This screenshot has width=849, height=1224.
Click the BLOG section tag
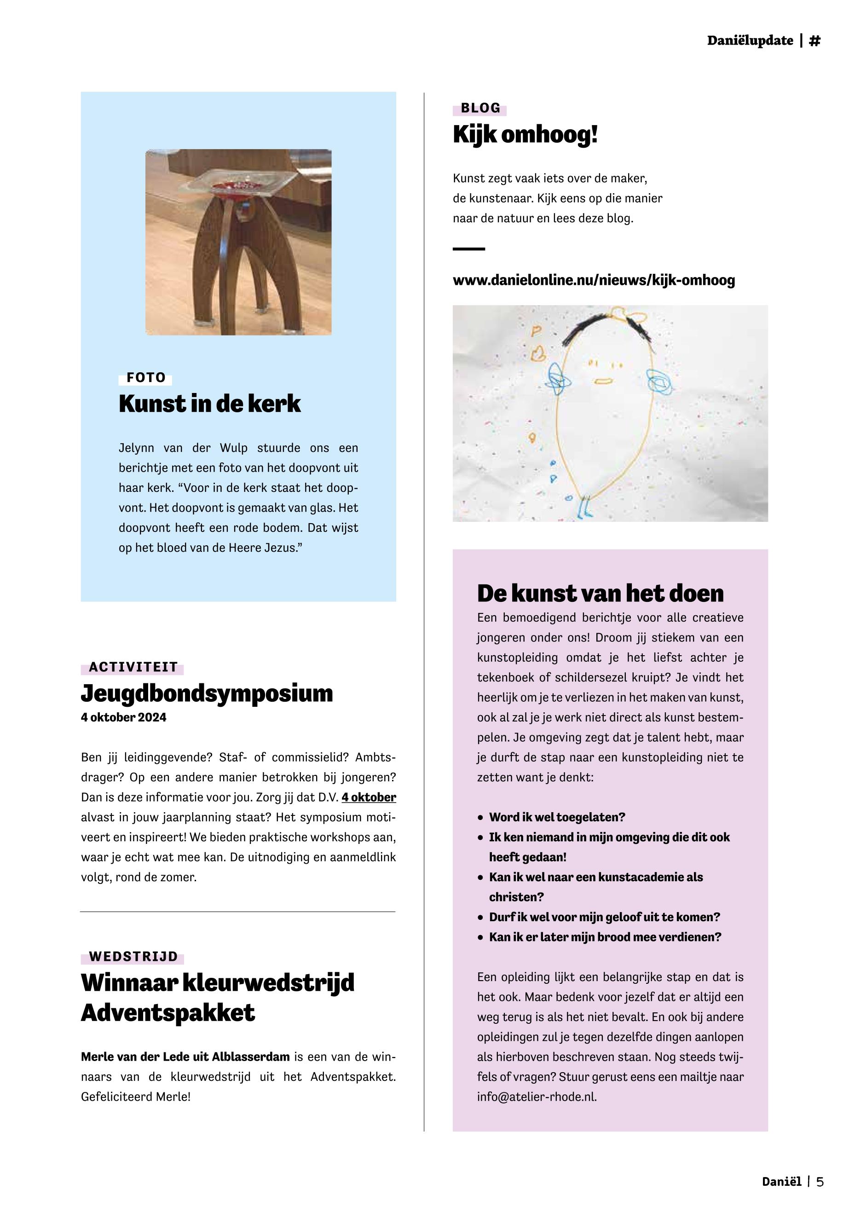click(x=480, y=109)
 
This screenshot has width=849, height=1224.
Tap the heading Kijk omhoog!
click(x=525, y=135)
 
